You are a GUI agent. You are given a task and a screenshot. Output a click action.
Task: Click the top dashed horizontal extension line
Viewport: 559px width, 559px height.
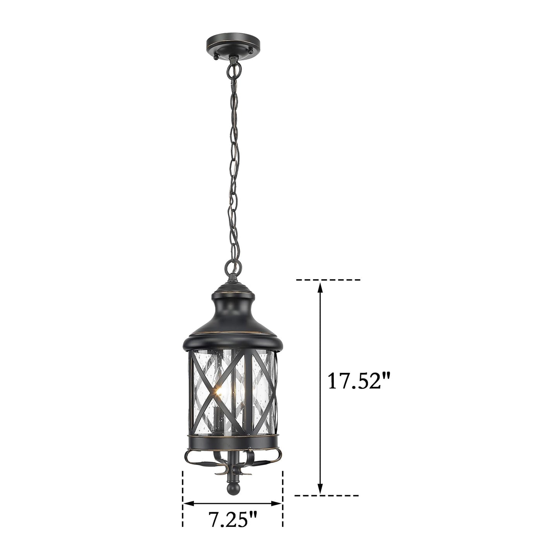328,279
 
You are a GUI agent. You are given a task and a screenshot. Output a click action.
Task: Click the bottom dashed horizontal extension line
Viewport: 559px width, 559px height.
327,495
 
